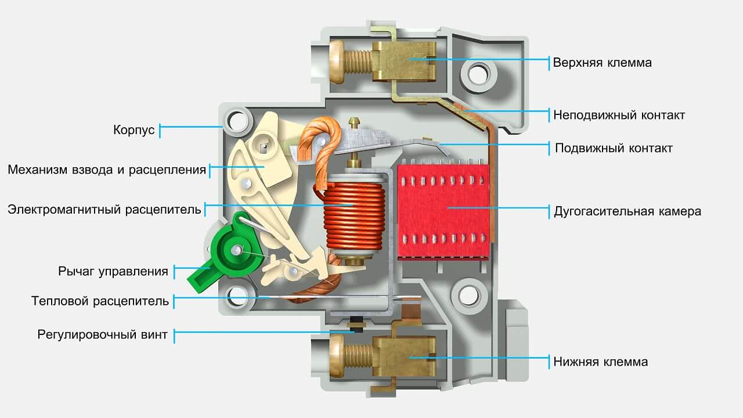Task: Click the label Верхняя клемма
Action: (602, 63)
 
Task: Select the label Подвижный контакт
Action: (614, 148)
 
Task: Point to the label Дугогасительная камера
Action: (627, 211)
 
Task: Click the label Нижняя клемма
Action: (600, 362)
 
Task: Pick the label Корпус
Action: (134, 129)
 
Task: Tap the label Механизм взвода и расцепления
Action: (107, 170)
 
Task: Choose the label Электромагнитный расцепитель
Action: (104, 209)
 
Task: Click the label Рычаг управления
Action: (113, 271)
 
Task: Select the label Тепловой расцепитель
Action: (100, 301)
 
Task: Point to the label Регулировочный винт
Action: (103, 334)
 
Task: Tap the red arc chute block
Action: (443, 210)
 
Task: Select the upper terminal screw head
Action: (337, 59)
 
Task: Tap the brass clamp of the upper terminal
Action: (404, 60)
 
